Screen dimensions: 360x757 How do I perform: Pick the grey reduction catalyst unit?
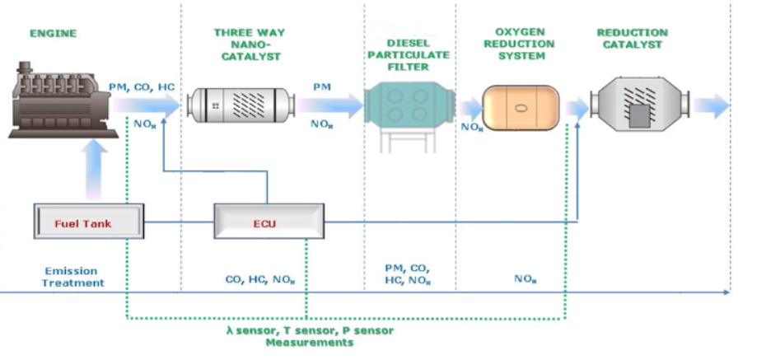pyautogui.click(x=638, y=106)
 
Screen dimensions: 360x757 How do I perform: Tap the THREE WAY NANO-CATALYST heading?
pyautogui.click(x=247, y=44)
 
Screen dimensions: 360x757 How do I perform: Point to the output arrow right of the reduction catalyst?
pyautogui.click(x=711, y=105)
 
